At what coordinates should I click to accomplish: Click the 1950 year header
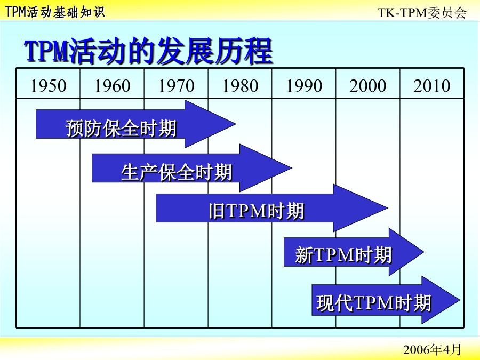pos(48,86)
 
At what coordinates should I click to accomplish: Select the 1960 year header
pos(113,86)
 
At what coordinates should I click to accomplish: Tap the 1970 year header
pos(177,86)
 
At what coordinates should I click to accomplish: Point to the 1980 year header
pos(241,86)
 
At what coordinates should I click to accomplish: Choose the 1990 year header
pos(304,86)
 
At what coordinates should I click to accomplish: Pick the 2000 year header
pos(367,86)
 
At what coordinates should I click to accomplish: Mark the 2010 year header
pos(431,86)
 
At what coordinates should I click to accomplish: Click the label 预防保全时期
pos(121,128)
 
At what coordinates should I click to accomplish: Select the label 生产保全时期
pos(177,172)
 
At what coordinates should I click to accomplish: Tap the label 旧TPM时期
pos(257,211)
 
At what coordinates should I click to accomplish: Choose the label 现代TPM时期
pos(374,303)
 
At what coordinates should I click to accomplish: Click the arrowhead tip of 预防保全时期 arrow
pos(236,124)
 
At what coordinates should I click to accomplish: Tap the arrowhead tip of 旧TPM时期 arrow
pos(388,208)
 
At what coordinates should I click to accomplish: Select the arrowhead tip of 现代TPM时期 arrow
pos(460,300)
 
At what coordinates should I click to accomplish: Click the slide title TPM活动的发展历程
pos(148,51)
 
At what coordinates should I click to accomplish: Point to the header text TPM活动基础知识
pos(55,12)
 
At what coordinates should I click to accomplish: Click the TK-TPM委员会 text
pos(422,13)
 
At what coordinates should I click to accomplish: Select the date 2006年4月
pos(432,349)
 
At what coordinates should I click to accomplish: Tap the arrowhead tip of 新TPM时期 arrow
pos(423,252)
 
